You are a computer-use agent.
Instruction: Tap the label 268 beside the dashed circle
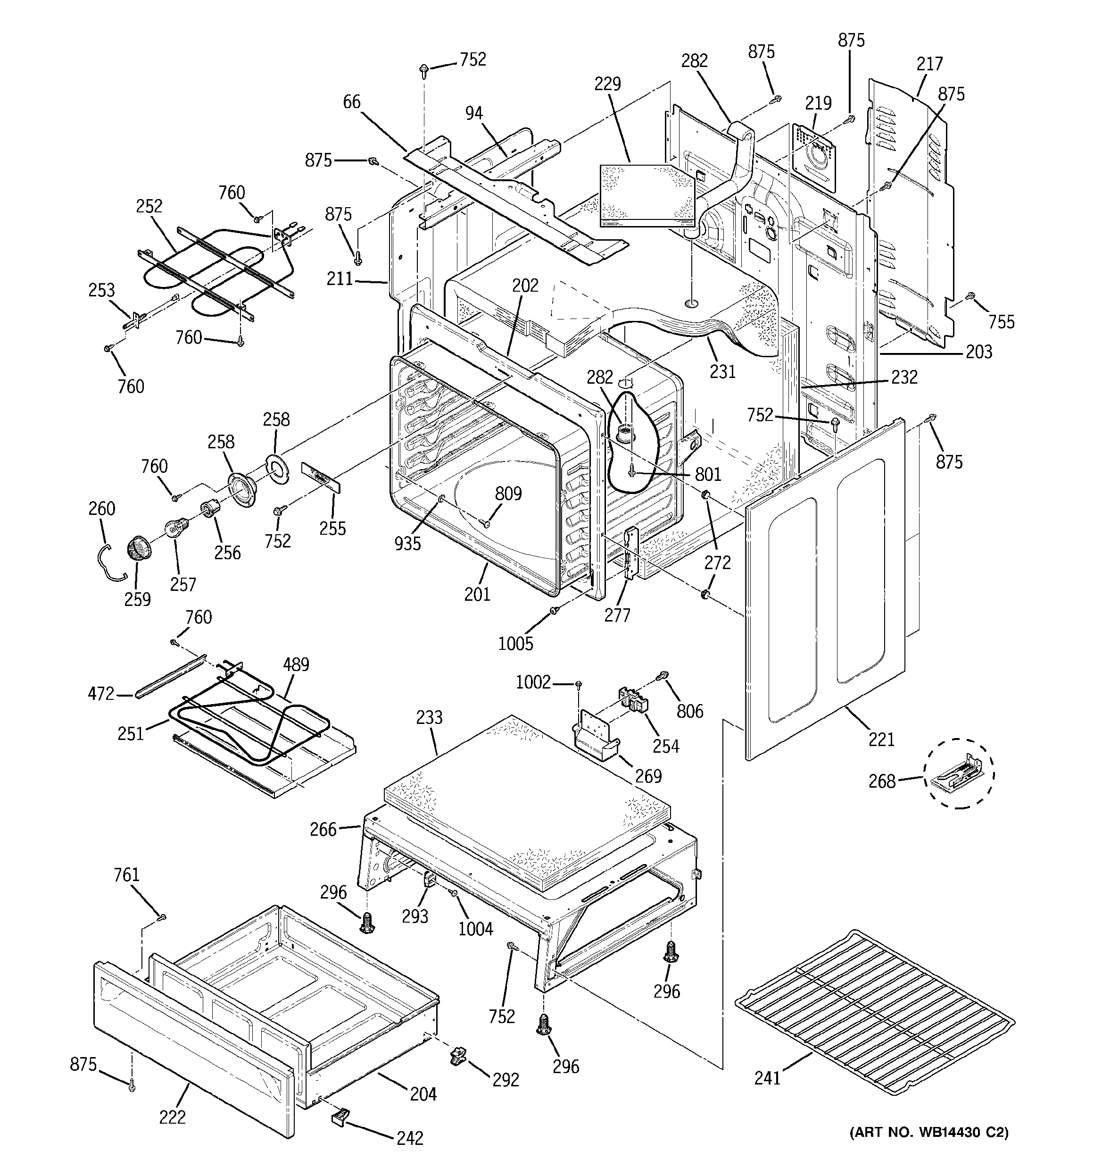pyautogui.click(x=882, y=781)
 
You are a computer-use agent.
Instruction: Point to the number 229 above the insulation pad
pyautogui.click(x=607, y=84)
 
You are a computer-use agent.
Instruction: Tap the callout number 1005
pyautogui.click(x=515, y=644)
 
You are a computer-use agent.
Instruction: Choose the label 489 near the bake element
pyautogui.click(x=296, y=664)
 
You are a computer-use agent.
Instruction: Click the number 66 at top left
pyautogui.click(x=352, y=101)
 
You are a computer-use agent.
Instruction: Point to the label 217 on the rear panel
pyautogui.click(x=930, y=63)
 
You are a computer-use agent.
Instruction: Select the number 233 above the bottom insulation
pyautogui.click(x=429, y=717)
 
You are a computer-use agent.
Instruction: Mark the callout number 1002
pyautogui.click(x=533, y=682)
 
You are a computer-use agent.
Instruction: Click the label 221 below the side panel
pyautogui.click(x=881, y=739)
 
